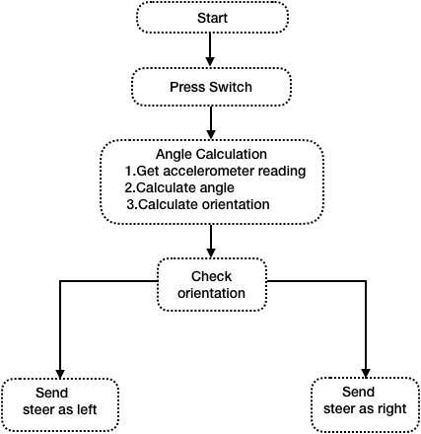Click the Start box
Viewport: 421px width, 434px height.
[212, 18]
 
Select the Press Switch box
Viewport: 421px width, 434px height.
[211, 87]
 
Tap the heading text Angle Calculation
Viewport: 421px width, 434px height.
[211, 154]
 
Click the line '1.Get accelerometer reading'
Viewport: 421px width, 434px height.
[215, 171]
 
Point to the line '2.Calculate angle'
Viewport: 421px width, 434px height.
[179, 187]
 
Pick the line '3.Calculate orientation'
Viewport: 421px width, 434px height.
[198, 204]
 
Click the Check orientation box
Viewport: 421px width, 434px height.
[212, 285]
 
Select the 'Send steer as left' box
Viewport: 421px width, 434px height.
[60, 404]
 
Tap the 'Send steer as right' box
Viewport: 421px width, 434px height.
[365, 404]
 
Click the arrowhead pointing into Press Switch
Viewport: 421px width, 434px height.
[210, 62]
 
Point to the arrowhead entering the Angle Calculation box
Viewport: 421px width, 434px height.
[211, 135]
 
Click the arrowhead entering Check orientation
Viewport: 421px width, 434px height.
[211, 253]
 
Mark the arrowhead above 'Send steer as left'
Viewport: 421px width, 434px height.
[60, 374]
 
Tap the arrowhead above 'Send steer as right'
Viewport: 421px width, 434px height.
[366, 373]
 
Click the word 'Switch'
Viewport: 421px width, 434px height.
[231, 87]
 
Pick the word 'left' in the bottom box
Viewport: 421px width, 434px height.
[87, 409]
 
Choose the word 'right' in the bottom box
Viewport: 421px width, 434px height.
[392, 409]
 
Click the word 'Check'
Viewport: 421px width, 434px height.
[212, 276]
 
